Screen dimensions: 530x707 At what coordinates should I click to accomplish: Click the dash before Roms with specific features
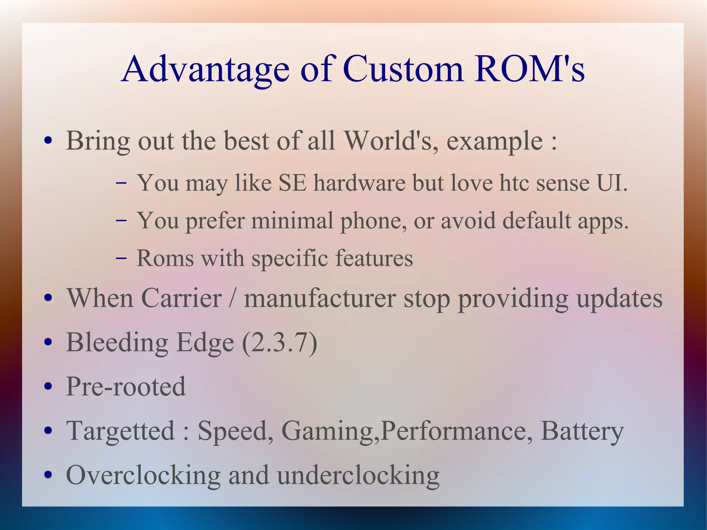click(121, 258)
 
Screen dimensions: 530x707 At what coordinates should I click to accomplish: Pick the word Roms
click(165, 258)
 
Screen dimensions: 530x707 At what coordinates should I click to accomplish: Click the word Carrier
click(181, 298)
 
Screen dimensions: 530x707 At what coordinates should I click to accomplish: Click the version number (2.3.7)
click(279, 343)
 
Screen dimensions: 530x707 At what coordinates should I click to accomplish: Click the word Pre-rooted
click(126, 386)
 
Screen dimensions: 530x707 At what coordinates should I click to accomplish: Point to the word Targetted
click(120, 431)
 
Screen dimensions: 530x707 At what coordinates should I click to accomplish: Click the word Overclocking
click(143, 475)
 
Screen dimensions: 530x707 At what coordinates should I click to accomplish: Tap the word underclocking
click(358, 475)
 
